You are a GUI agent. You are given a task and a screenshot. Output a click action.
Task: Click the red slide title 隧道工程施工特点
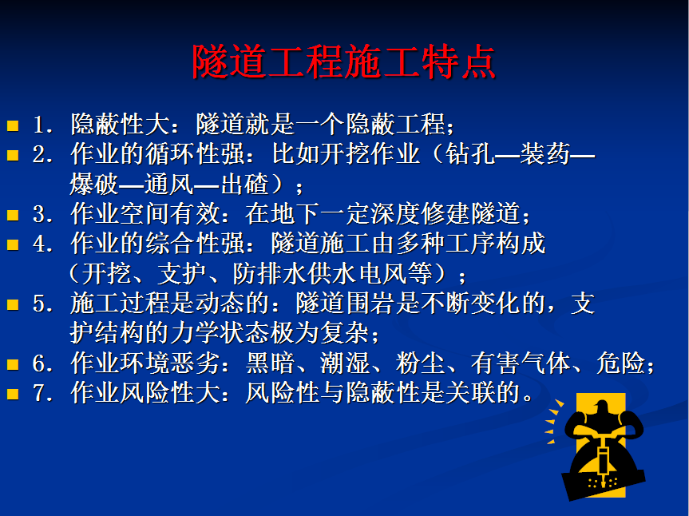click(x=343, y=62)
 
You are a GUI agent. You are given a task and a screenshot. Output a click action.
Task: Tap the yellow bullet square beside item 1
click(x=13, y=126)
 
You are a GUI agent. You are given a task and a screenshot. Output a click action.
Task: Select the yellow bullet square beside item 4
click(x=13, y=244)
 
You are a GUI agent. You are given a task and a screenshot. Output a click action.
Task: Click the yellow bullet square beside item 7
click(x=13, y=394)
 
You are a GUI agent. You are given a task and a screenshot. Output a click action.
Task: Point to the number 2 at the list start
click(x=41, y=155)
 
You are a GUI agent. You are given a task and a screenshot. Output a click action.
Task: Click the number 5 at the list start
click(x=41, y=304)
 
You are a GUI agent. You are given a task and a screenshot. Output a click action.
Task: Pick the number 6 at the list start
click(x=41, y=363)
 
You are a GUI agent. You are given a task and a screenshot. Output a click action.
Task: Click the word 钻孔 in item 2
click(x=470, y=154)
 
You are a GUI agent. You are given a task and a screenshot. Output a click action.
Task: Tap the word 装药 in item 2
click(x=544, y=154)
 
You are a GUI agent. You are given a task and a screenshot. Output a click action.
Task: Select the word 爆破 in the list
click(x=94, y=184)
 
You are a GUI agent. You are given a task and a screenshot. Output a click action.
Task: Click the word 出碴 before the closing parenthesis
click(x=244, y=184)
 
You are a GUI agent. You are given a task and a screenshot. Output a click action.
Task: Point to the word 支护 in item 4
click(x=181, y=273)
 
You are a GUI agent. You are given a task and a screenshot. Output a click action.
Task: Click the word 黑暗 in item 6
click(x=270, y=363)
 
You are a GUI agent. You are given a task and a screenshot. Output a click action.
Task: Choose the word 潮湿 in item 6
click(x=345, y=363)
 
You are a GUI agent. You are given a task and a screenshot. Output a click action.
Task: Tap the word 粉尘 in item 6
click(x=420, y=363)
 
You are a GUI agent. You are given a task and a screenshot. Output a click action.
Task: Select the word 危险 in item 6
click(x=620, y=363)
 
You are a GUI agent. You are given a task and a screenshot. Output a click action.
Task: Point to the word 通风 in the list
click(x=169, y=184)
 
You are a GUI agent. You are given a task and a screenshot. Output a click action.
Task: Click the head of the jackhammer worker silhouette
click(x=601, y=407)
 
